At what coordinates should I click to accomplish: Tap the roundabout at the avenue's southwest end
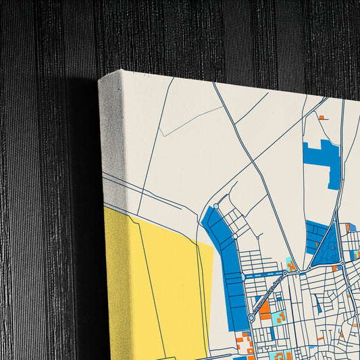click(x=251, y=317)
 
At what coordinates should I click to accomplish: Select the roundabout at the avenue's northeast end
click(x=285, y=274)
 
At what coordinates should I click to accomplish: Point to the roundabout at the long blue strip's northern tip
click(x=216, y=206)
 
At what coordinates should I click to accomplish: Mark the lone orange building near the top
click(x=322, y=118)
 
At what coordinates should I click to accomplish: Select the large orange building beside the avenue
click(x=265, y=309)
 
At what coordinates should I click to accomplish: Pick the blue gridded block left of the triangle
click(x=315, y=237)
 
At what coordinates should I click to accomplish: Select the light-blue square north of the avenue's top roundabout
click(x=290, y=263)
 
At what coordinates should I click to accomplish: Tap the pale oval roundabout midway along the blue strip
click(x=235, y=237)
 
